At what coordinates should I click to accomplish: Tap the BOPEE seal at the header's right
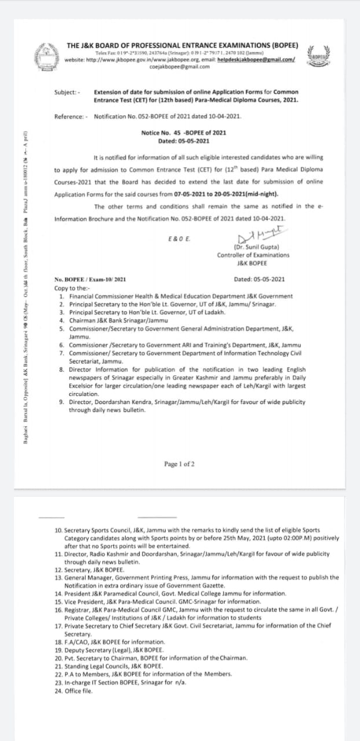[318, 55]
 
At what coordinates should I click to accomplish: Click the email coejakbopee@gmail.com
[179, 67]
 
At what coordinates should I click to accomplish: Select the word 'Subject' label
[67, 92]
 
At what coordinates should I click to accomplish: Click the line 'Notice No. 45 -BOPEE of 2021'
[183, 133]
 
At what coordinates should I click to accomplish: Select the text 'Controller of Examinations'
[253, 255]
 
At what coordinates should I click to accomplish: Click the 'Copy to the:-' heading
[72, 288]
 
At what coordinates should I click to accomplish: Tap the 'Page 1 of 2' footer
[179, 464]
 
